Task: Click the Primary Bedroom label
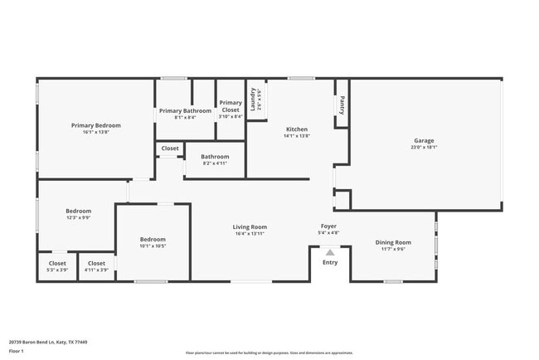click(95, 125)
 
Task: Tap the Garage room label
click(424, 140)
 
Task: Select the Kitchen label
click(297, 129)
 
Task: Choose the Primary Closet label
click(231, 106)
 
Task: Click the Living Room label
click(249, 226)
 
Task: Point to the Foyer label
click(329, 226)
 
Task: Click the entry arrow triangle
click(330, 252)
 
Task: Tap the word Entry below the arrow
click(330, 262)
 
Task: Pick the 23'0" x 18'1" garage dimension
click(424, 148)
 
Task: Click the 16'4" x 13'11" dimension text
click(249, 234)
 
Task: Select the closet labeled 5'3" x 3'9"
click(57, 266)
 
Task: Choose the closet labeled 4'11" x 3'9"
click(96, 266)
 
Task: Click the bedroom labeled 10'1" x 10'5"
click(152, 242)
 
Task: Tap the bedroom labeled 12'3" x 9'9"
click(79, 214)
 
